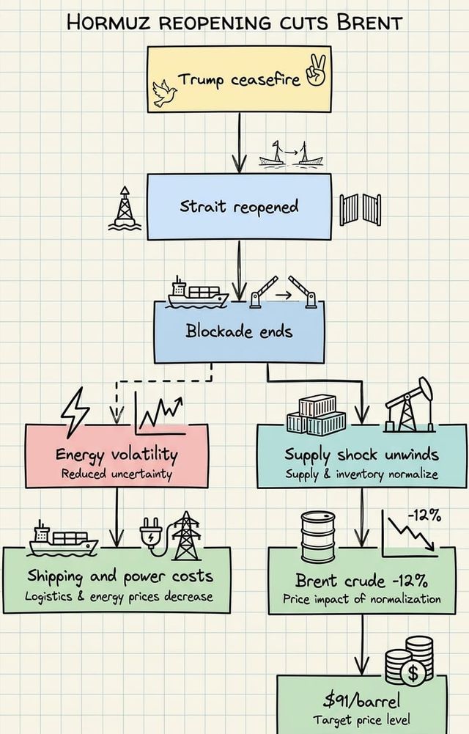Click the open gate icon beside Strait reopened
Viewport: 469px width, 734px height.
pos(361,210)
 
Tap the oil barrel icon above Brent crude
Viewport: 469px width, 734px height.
pos(317,537)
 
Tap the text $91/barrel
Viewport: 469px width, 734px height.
pos(358,700)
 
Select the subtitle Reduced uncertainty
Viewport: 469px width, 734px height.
pos(117,474)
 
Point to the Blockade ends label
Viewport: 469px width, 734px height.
pos(239,331)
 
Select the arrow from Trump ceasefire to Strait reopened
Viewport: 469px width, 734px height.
pos(239,143)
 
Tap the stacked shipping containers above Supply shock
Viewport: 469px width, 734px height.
pos(316,414)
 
